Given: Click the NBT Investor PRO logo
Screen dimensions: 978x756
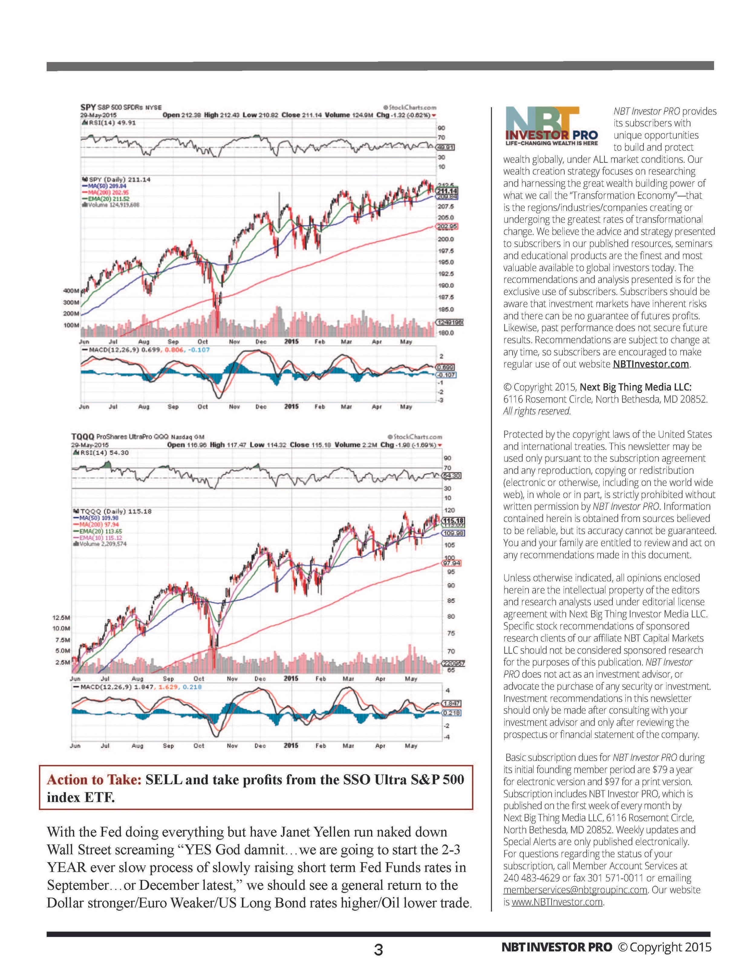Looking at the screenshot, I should coord(551,126).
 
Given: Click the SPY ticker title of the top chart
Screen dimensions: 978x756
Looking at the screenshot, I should coord(88,107).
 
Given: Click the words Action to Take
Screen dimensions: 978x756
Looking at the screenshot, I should coord(94,780).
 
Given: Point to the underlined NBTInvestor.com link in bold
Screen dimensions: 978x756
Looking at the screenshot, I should coord(650,364).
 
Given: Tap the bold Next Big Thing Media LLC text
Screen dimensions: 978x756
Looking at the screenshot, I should coord(636,387).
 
